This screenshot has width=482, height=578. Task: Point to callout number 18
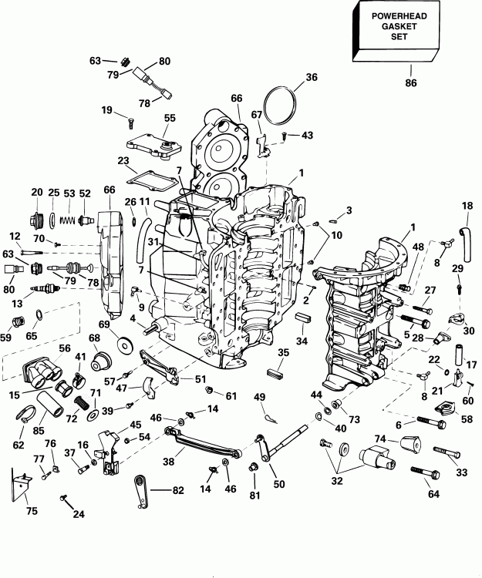pos(467,206)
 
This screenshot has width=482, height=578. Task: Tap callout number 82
pos(178,489)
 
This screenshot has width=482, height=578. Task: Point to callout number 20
pos(36,193)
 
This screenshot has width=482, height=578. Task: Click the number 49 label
pos(260,396)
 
